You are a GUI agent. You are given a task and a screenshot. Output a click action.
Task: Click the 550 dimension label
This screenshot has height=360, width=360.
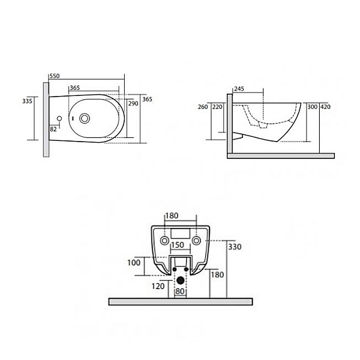click(55, 76)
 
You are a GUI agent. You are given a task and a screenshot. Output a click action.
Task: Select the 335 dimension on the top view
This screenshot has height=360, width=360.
click(27, 101)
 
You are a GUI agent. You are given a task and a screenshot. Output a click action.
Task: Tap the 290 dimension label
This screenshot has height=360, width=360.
click(133, 104)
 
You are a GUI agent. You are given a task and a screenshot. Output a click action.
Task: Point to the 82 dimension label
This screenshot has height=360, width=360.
click(53, 129)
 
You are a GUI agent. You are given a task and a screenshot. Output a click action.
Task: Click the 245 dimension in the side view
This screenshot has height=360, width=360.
click(239, 89)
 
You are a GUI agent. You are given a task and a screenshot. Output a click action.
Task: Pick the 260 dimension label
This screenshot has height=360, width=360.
click(203, 107)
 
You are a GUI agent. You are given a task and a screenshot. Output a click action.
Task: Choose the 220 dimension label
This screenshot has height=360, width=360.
click(217, 107)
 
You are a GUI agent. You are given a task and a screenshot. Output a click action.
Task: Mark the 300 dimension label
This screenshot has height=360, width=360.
click(312, 107)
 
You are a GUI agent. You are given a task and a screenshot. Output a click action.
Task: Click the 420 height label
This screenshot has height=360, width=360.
click(326, 107)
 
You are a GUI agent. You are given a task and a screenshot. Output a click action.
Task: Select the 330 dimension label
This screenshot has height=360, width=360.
click(235, 247)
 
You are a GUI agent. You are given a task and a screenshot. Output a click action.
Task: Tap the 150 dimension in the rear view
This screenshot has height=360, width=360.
click(178, 245)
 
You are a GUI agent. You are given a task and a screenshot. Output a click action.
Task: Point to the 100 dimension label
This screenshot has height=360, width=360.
click(134, 263)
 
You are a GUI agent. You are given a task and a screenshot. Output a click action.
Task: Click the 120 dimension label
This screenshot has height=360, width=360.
click(158, 286)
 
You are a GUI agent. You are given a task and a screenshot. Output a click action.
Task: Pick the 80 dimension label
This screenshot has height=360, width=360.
click(180, 292)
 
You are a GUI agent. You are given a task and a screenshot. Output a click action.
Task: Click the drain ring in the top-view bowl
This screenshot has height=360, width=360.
click(85, 118)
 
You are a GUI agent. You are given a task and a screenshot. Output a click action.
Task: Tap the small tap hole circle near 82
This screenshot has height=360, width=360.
click(59, 118)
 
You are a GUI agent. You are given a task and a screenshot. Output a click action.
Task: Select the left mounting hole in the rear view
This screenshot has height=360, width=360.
click(164, 241)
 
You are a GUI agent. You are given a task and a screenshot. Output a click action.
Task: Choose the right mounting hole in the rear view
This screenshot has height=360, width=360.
click(196, 241)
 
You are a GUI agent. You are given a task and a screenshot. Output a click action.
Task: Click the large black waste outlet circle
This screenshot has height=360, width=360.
click(181, 280)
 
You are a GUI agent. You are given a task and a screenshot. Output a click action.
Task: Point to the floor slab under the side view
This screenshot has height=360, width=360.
click(281, 156)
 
